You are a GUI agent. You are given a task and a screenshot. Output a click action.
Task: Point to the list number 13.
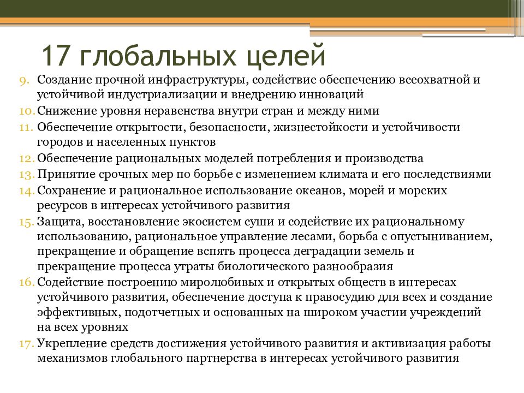[26, 175]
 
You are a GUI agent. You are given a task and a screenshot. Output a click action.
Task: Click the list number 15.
[26, 222]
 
